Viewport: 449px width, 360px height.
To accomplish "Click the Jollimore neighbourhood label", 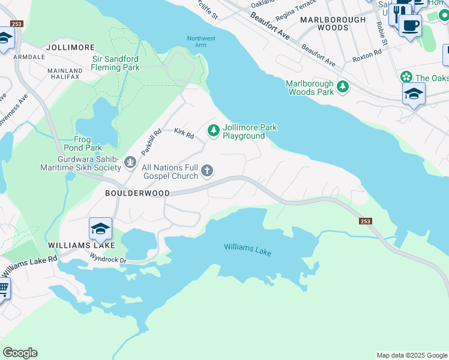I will pos(70,47).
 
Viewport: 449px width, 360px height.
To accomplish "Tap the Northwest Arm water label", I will pos(200,42).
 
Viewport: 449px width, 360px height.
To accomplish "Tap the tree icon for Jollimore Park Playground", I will pos(213,130).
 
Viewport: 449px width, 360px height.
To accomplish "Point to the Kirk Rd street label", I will pos(184,133).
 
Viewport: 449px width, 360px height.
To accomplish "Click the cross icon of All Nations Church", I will pos(207,172).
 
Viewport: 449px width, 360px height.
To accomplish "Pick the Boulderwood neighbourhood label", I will pos(137,193).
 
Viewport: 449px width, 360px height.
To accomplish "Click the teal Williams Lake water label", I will pos(247,249).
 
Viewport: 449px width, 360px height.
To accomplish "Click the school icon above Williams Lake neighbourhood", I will pos(100,229).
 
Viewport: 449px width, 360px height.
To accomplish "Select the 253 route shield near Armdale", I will pos(16,24).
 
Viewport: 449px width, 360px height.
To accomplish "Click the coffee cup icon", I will pos(411,26).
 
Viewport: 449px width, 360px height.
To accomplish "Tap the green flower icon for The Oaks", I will pos(406,77).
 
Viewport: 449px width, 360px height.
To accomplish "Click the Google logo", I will pos(20,353).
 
